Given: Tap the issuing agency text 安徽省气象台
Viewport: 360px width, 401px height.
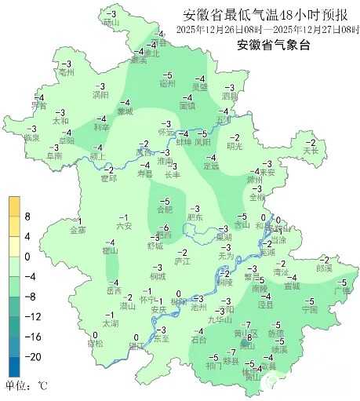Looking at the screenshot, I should [x=274, y=45].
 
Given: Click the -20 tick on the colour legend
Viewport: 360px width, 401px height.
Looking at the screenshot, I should [x=32, y=356].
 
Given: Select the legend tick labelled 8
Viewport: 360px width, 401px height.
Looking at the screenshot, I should [x=27, y=216].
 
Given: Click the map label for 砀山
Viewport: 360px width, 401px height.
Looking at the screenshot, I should [x=111, y=22].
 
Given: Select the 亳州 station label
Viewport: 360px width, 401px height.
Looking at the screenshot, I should [x=66, y=71].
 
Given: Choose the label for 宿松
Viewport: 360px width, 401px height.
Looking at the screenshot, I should [x=95, y=343].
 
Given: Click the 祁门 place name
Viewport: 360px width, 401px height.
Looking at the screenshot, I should [x=213, y=366].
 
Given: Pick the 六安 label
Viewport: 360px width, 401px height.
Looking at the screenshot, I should [x=123, y=226].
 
